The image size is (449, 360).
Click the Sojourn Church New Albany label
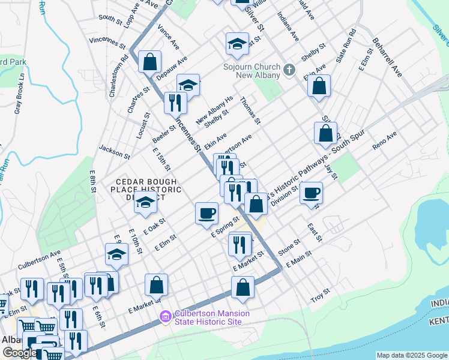click(x=252, y=71)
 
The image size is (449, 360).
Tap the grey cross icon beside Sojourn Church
click(x=289, y=70)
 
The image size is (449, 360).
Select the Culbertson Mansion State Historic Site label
click(x=208, y=317)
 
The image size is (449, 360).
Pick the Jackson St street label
click(x=114, y=151)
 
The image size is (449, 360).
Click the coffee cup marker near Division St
click(x=311, y=194)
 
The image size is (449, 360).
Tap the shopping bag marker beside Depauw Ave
click(x=149, y=61)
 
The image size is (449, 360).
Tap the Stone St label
click(x=289, y=246)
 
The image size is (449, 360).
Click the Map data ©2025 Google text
click(x=411, y=355)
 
